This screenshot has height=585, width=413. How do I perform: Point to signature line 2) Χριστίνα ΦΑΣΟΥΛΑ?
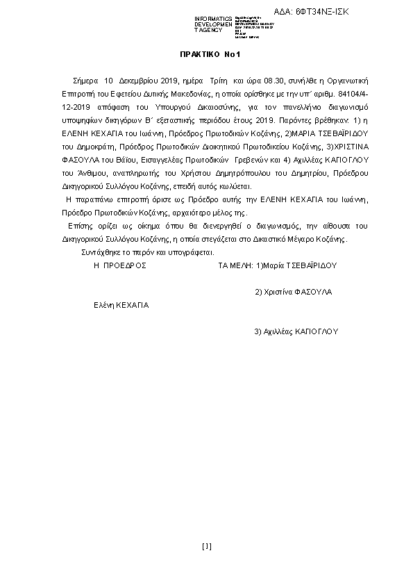(x=294, y=292)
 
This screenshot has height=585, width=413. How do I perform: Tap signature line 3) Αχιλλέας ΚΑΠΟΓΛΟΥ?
(x=296, y=331)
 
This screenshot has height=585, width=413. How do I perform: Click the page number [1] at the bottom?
(x=206, y=545)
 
